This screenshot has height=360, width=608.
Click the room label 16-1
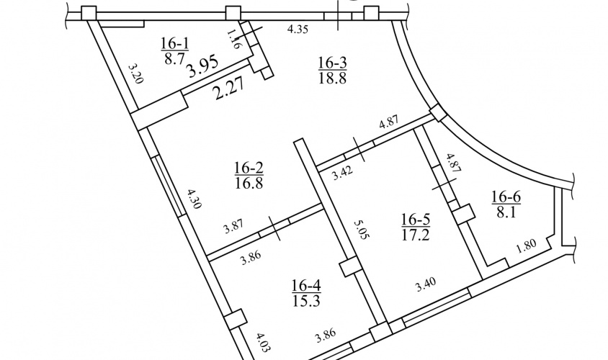click(175, 43)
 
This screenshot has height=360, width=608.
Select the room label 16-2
click(249, 168)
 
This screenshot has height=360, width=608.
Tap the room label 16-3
click(332, 62)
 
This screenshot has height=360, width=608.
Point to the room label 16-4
click(306, 286)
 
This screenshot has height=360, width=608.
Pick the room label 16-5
click(415, 220)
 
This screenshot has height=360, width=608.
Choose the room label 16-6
click(506, 197)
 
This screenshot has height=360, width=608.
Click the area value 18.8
click(332, 78)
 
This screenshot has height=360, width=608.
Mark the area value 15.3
click(306, 301)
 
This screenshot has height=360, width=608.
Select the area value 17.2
click(415, 235)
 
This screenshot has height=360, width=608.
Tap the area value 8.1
click(506, 212)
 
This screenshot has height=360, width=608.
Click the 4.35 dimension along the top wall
click(298, 30)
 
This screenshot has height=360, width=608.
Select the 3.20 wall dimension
click(136, 73)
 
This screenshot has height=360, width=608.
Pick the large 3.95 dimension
click(202, 67)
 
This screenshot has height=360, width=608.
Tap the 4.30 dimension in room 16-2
click(194, 199)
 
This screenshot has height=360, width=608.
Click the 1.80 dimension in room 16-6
click(526, 246)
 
